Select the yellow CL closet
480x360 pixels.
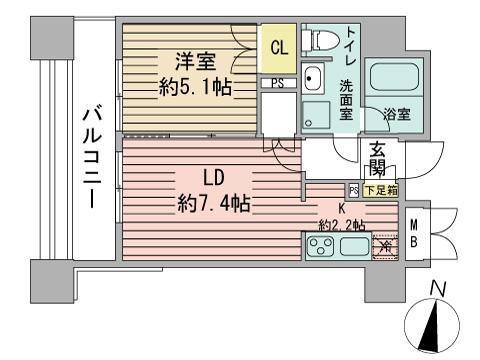pyautogui.click(x=278, y=46)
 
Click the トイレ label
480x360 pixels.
pyautogui.click(x=349, y=44)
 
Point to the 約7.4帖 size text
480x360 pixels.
pyautogui.click(x=214, y=204)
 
